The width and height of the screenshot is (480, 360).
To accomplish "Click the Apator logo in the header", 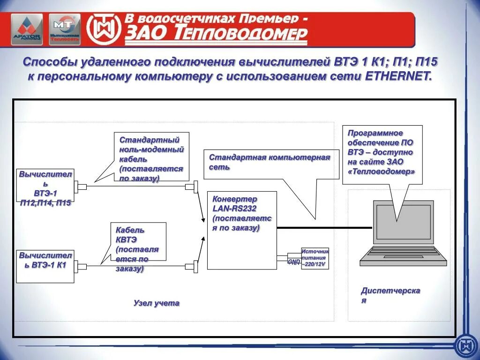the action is pyautogui.click(x=27, y=29).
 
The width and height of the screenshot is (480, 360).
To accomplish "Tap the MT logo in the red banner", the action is pyautogui.click(x=65, y=29).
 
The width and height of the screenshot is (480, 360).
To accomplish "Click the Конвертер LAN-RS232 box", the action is pyautogui.click(x=242, y=230).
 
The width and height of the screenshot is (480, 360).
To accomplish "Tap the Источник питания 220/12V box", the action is pyautogui.click(x=315, y=258).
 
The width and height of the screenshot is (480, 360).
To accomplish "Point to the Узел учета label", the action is pyautogui.click(x=156, y=303).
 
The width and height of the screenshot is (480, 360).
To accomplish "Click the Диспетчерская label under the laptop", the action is pyautogui.click(x=390, y=295).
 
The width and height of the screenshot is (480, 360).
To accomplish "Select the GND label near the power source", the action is pyautogui.click(x=294, y=262).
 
